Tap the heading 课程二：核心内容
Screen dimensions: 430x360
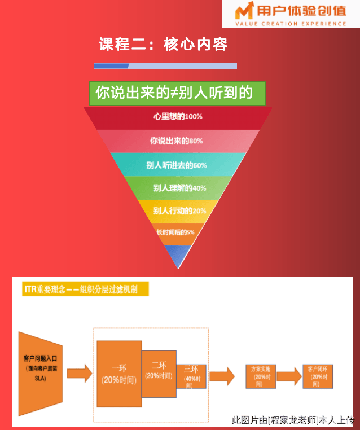click(163, 44)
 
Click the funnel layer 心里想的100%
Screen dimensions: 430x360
click(178, 117)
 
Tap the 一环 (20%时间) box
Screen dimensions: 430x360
click(119, 374)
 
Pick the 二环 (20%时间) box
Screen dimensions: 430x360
click(159, 370)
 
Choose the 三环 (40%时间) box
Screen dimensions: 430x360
click(191, 376)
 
